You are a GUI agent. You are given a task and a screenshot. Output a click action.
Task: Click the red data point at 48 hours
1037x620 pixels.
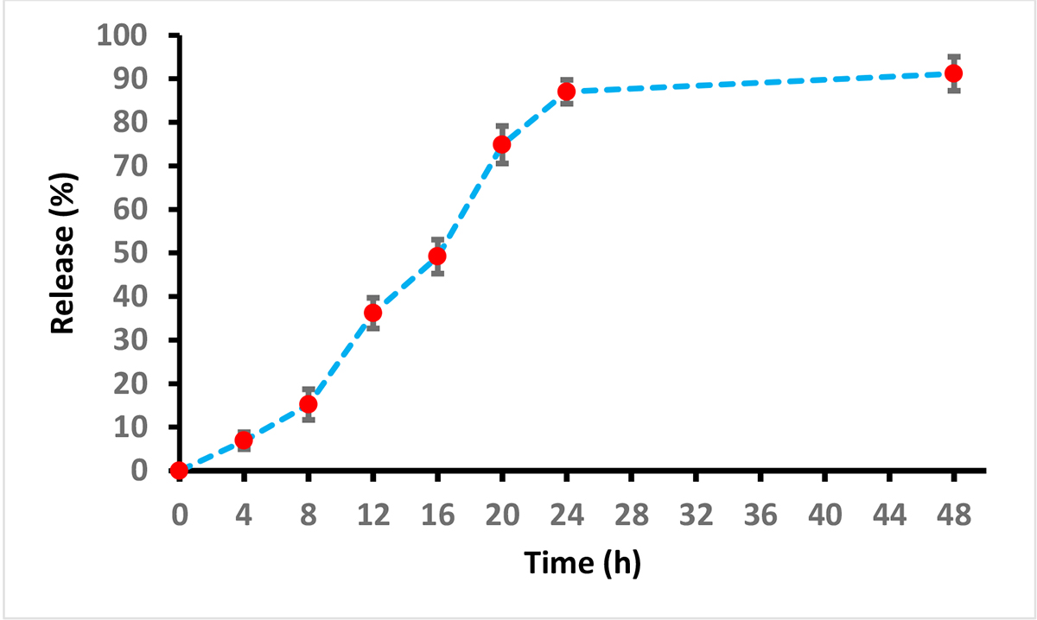[x=953, y=73]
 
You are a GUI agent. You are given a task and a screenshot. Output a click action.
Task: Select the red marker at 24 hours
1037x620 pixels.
[x=566, y=92]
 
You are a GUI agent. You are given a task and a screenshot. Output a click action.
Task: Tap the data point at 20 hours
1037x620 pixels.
[x=501, y=144]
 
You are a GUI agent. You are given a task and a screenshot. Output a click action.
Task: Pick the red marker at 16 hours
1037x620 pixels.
[x=437, y=256]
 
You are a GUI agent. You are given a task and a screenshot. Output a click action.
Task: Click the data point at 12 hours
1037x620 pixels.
[x=372, y=313]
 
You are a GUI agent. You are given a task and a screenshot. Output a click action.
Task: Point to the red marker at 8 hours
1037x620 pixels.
[x=309, y=404]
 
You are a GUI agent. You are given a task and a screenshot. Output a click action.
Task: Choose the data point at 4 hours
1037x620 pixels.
[x=244, y=440]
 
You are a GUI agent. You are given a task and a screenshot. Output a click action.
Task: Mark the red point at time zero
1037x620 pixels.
[x=179, y=471]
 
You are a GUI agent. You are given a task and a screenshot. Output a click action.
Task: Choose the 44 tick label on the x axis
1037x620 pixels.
[x=889, y=515]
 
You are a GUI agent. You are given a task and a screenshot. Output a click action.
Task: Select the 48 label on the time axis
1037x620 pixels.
[x=953, y=515]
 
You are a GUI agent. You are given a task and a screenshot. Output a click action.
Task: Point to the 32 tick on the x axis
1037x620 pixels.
[x=696, y=515]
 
